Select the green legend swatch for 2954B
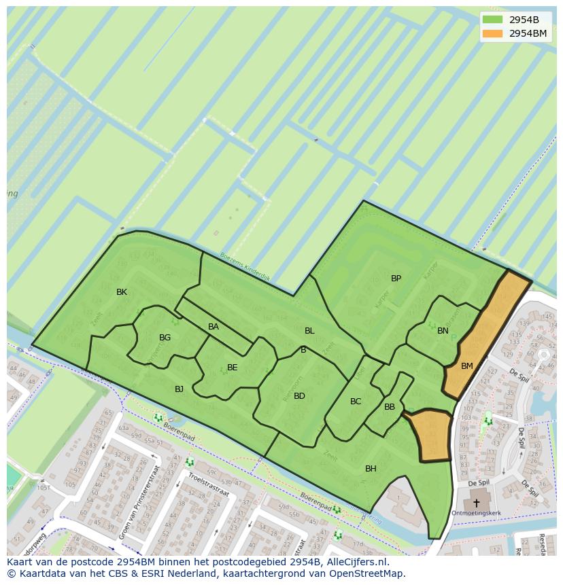[492, 20]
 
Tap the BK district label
[122, 292]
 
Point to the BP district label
[396, 279]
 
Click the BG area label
[165, 338]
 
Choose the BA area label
[214, 327]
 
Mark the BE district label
[232, 368]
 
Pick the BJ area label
[179, 389]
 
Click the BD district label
[299, 396]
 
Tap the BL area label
[309, 331]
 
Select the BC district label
[356, 402]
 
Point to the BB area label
[390, 407]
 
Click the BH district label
[371, 469]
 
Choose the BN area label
[443, 331]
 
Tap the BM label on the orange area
[466, 366]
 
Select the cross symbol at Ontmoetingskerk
[476, 503]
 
